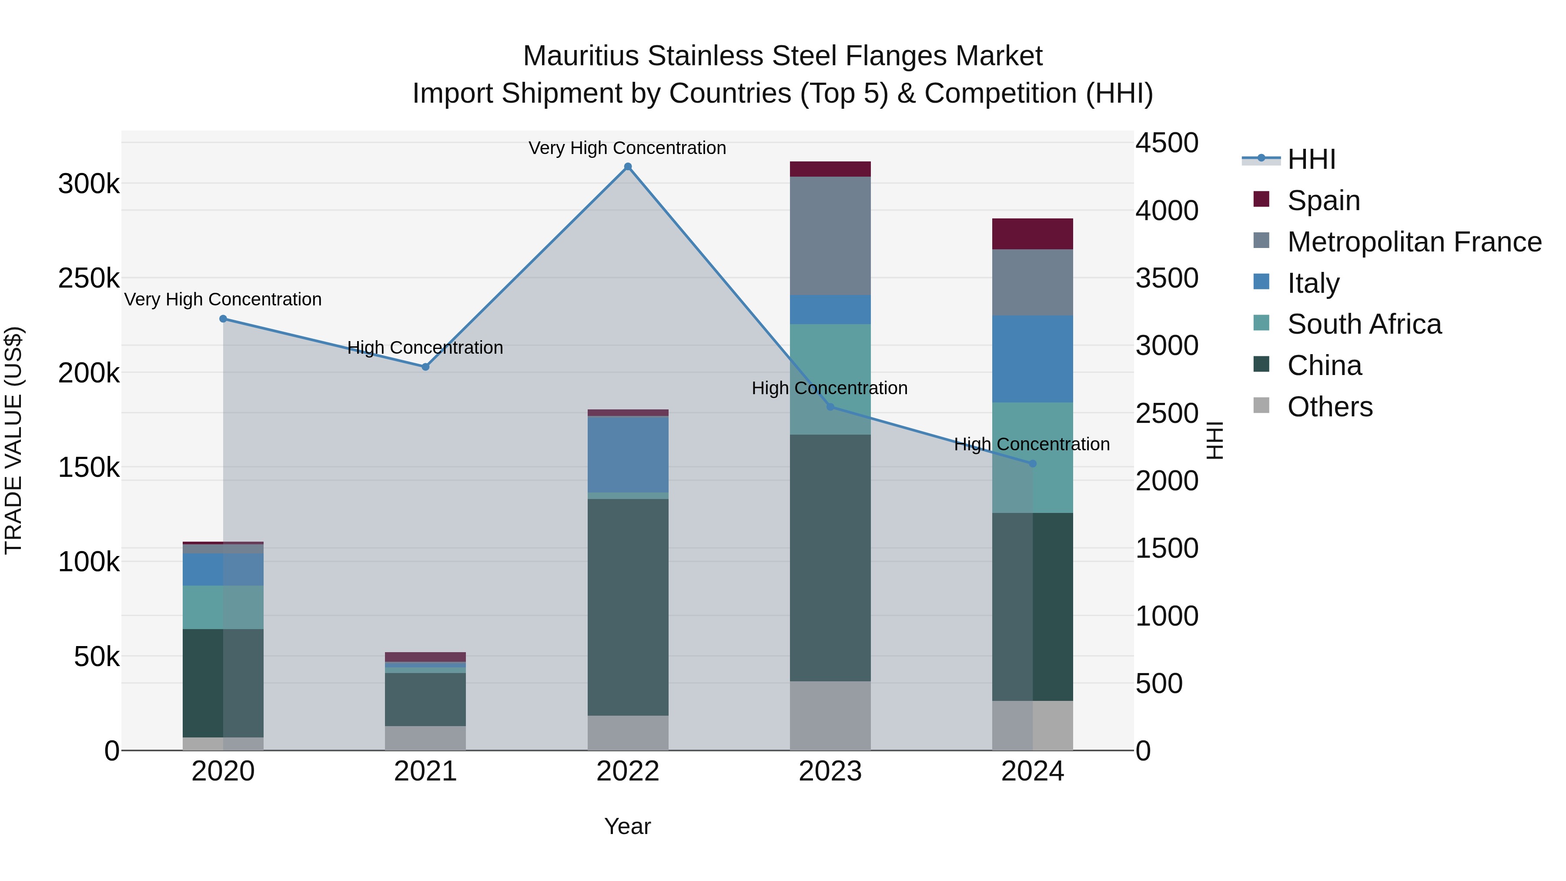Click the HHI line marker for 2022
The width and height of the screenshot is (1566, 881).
click(x=628, y=167)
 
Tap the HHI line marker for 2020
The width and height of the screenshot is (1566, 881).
click(x=223, y=318)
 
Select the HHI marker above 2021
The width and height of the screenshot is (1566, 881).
click(x=425, y=367)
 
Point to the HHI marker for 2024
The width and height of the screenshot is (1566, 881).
click(x=1032, y=464)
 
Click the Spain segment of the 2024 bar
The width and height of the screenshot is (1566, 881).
click(x=1032, y=234)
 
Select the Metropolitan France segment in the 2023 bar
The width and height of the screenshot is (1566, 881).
click(x=830, y=236)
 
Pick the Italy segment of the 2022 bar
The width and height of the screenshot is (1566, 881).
click(x=628, y=454)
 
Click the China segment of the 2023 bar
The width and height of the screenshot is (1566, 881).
click(x=830, y=558)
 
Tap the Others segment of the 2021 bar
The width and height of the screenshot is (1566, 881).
click(x=425, y=738)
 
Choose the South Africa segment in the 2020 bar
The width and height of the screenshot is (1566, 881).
click(x=223, y=607)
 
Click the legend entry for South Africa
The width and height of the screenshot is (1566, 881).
click(x=1364, y=324)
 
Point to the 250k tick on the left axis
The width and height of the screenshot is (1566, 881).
click(x=89, y=278)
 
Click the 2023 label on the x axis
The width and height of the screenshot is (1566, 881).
click(x=830, y=771)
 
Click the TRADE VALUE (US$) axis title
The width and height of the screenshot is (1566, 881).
click(x=13, y=440)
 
